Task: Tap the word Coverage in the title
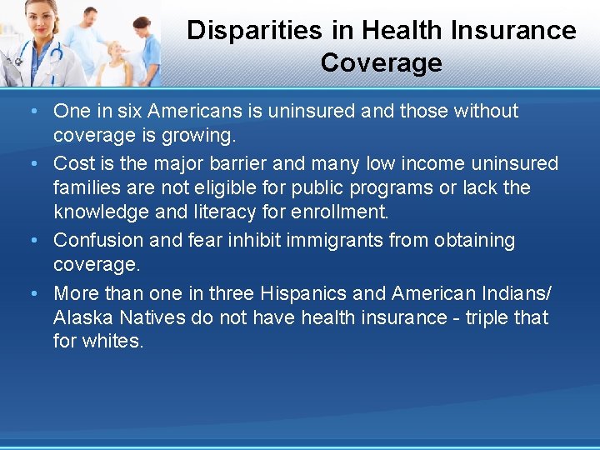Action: click(381, 62)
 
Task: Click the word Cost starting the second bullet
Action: click(72, 162)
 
